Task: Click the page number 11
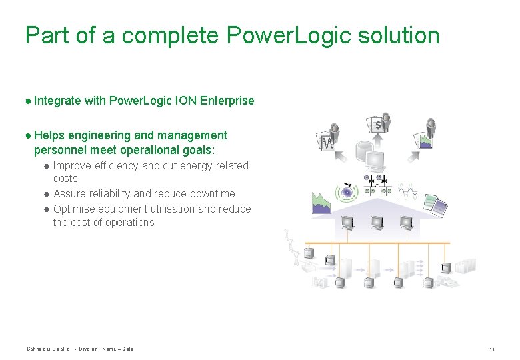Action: (x=491, y=349)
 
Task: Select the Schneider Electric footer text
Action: (x=48, y=349)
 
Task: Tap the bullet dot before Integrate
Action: (x=28, y=101)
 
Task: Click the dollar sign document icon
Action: (x=378, y=124)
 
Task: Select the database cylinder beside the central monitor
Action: (x=363, y=155)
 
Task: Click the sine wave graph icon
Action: (x=408, y=191)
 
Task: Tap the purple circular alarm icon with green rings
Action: (x=347, y=193)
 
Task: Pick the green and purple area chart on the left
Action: (x=322, y=202)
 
